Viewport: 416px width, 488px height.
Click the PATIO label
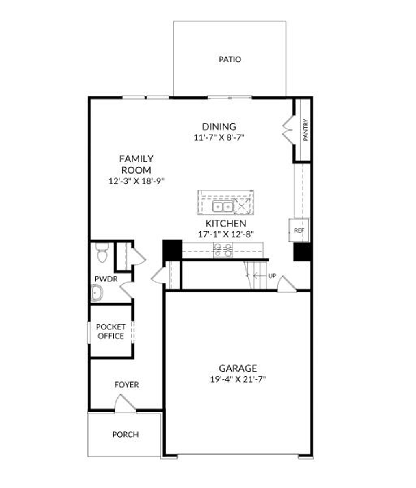coord(230,59)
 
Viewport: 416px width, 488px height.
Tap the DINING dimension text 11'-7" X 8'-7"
coord(219,137)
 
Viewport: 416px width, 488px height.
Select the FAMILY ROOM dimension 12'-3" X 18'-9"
coord(136,181)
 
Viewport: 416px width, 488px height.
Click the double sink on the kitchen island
coord(222,207)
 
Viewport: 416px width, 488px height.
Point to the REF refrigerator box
coord(299,230)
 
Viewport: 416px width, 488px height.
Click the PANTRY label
coord(305,130)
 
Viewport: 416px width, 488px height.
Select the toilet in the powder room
coord(101,253)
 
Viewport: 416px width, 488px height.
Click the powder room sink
coord(97,293)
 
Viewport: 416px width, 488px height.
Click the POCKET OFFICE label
coord(110,331)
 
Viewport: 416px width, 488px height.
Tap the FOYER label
coord(126,385)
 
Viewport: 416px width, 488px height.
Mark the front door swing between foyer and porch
coord(124,403)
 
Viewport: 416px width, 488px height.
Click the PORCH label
coord(125,435)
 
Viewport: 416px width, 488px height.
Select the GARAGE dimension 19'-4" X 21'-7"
coord(238,380)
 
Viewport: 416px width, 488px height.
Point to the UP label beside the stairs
coord(272,276)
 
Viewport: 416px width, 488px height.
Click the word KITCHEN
coord(225,224)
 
